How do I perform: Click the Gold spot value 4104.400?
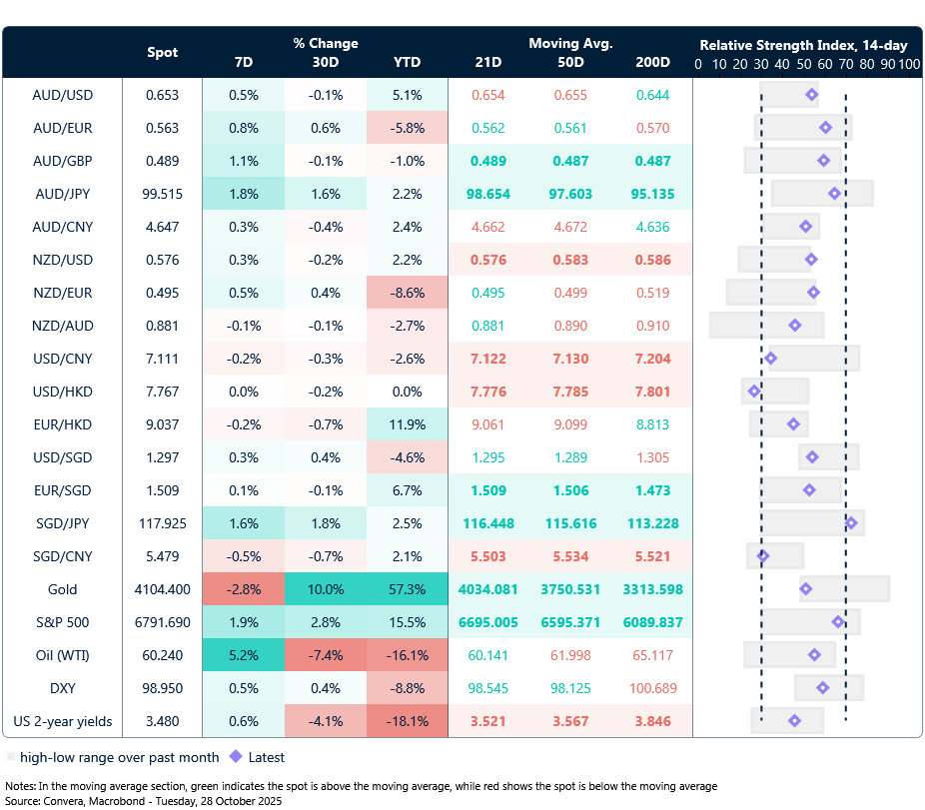point(163,589)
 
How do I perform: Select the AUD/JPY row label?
point(62,194)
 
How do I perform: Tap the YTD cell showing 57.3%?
point(407,589)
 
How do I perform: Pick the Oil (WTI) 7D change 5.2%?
point(243,655)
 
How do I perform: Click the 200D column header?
point(652,63)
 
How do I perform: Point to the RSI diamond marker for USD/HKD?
point(754,392)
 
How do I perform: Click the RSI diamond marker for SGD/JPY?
point(851,522)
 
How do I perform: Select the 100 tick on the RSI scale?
point(909,64)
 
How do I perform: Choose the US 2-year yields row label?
point(62,721)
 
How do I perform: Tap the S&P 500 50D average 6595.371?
point(570,622)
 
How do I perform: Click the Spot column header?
point(163,53)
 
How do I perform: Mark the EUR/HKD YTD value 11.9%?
point(407,424)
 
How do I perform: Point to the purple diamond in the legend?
point(236,757)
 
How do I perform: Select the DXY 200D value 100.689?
point(652,688)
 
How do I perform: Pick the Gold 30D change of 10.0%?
point(326,589)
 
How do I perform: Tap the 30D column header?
point(326,63)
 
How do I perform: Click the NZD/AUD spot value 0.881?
point(163,326)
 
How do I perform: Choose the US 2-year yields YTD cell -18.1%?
point(407,721)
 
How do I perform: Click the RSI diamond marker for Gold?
point(806,589)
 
